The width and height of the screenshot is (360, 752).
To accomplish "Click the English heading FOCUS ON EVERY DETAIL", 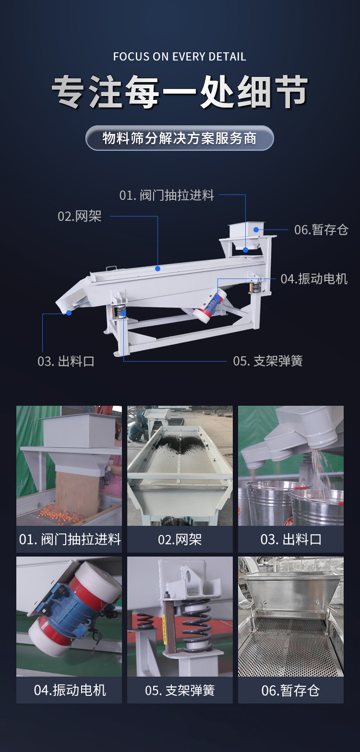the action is (x=180, y=56).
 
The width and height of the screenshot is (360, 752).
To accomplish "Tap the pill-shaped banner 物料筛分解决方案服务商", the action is (x=180, y=138).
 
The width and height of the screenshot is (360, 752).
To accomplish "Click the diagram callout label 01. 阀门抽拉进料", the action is (x=167, y=195).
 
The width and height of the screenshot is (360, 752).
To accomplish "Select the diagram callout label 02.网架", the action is (x=80, y=216).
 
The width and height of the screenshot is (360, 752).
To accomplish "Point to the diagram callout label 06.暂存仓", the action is (x=321, y=230).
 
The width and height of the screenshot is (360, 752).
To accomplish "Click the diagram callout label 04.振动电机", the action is (x=314, y=279).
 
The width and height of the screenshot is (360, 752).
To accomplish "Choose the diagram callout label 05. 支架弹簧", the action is (x=268, y=361).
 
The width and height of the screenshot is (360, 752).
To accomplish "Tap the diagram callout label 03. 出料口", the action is (x=66, y=361).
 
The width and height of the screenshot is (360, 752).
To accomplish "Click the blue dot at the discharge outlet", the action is (x=69, y=313).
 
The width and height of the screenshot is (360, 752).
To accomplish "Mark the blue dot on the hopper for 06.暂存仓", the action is (x=256, y=230).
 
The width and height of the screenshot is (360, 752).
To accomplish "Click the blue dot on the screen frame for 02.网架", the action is (x=158, y=268).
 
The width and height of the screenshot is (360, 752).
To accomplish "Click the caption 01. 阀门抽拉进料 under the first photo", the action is (x=70, y=539).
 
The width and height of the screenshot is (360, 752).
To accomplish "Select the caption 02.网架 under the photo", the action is (x=180, y=539).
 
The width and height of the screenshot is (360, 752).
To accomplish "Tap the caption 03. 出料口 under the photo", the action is (x=291, y=539).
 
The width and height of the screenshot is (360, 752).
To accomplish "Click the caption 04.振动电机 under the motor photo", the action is (x=70, y=690).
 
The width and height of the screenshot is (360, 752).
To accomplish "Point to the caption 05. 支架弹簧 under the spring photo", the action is (x=180, y=691).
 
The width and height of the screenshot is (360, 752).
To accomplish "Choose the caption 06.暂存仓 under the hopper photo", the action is (x=290, y=691).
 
